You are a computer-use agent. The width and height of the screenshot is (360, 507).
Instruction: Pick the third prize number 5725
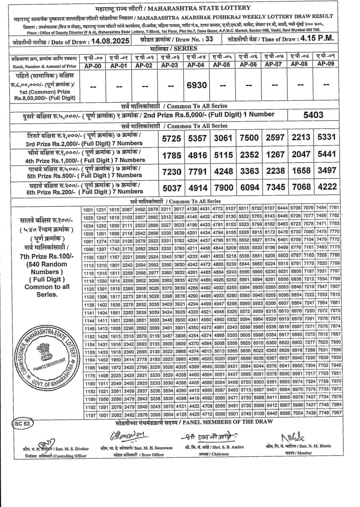point(172,139)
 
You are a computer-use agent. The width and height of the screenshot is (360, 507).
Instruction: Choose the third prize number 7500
point(249,138)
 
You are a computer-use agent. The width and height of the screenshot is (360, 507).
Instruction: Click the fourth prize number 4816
point(198,155)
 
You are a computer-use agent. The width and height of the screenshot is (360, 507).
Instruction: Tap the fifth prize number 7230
point(172,171)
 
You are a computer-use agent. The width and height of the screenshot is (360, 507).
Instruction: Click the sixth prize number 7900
point(223,188)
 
